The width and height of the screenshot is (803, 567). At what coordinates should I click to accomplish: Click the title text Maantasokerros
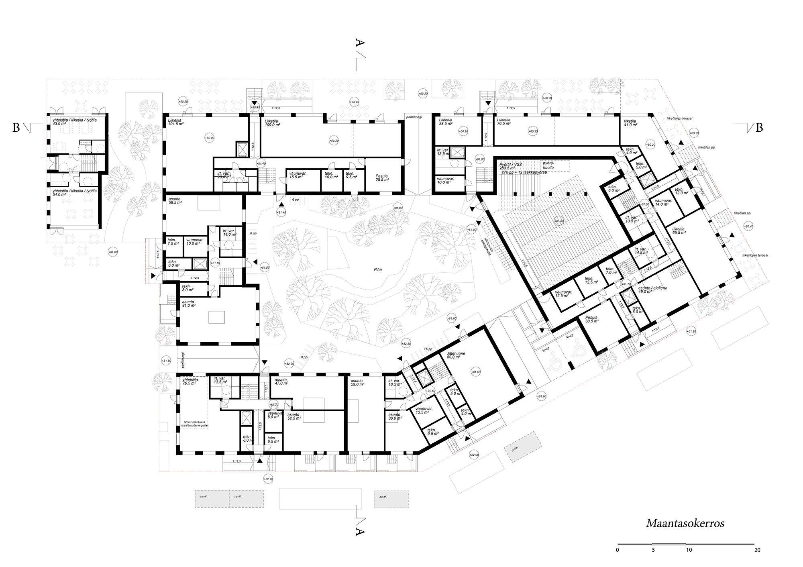click(685, 523)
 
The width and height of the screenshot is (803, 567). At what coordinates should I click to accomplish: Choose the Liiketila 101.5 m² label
click(176, 122)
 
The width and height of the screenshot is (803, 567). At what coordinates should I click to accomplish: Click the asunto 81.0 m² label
click(189, 303)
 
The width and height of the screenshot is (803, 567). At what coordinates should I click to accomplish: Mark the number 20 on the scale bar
click(757, 550)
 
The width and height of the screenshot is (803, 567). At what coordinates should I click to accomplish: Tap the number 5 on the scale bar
click(653, 550)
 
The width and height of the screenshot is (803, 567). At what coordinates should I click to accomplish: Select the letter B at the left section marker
click(16, 128)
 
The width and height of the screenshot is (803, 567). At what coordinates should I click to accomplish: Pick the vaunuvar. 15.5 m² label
click(298, 175)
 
